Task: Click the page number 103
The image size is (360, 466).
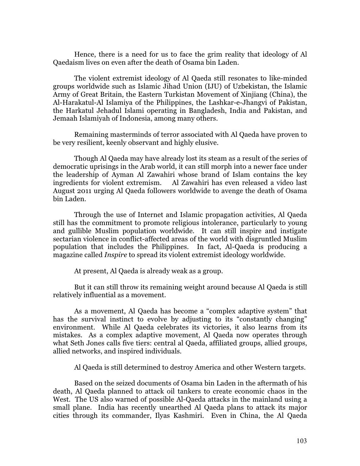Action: pyautogui.click(x=301, y=441)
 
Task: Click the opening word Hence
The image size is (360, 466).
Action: pyautogui.click(x=84, y=55)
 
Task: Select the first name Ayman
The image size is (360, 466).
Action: pyautogui.click(x=122, y=175)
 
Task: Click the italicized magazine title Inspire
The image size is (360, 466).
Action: pyautogui.click(x=115, y=255)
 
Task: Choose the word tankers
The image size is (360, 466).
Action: pyautogui.click(x=186, y=391)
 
